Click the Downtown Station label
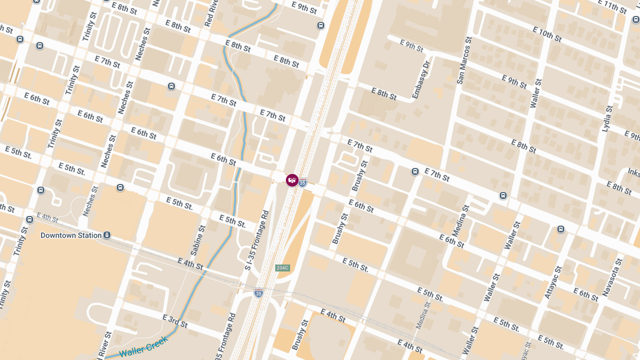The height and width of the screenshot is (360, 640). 71,235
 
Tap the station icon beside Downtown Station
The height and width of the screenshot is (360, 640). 107,235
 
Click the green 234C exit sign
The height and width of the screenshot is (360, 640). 282,268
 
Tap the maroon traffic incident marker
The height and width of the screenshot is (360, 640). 292,180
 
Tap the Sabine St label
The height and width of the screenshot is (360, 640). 197,239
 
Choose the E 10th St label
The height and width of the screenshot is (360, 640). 547,35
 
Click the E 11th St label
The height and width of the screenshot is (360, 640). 612,6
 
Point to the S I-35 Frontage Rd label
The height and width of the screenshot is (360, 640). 258,239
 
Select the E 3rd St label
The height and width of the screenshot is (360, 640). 175,321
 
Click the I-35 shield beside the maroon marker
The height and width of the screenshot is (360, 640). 302,182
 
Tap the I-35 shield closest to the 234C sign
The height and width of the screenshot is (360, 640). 259,292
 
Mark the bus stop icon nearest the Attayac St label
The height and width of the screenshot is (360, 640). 561,229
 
